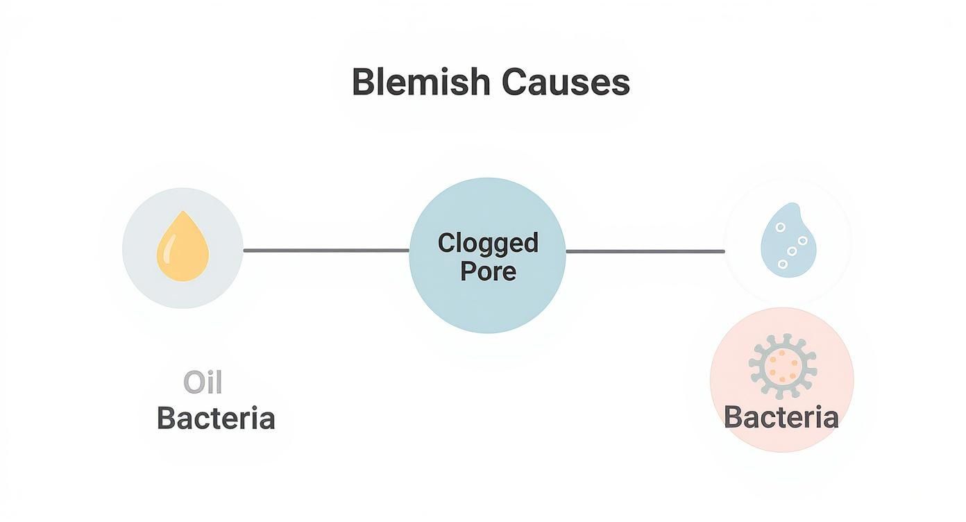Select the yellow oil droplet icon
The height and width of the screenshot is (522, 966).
coord(183,249)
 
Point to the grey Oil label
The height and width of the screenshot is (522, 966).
coord(203,382)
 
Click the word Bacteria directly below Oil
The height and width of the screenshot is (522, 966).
coord(216,419)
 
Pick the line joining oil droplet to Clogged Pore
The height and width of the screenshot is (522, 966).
coord(326,251)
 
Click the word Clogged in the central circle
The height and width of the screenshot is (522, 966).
coord(488,243)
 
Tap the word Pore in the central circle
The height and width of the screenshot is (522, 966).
coord(488,271)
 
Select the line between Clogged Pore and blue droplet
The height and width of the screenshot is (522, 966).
coord(645,251)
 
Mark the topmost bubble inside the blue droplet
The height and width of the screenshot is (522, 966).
coord(781,227)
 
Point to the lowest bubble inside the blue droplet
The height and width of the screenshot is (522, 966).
coord(783,264)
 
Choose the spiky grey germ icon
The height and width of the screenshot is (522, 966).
coord(783,366)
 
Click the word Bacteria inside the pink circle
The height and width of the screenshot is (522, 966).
coord(781,417)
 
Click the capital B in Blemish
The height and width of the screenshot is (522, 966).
coord(363,82)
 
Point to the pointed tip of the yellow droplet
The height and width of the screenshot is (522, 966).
coord(183,213)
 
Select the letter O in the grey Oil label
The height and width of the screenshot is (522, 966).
coord(194,382)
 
